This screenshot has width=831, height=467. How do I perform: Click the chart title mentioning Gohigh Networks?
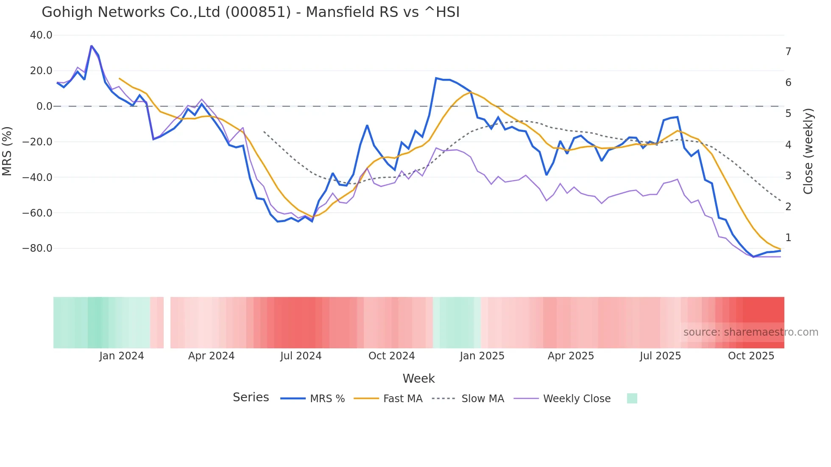250,12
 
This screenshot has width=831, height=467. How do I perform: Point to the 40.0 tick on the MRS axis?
41,35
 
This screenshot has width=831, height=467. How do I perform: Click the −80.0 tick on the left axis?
37,248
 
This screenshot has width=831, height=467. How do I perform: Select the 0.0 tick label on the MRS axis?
44,106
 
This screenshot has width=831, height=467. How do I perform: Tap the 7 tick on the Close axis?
788,52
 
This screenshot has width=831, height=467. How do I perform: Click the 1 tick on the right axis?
788,238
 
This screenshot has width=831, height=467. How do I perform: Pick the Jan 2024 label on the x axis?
122,356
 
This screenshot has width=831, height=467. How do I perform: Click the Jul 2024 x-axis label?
301,356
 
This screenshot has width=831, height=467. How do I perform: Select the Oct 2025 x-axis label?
751,356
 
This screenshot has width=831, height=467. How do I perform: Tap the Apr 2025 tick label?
571,356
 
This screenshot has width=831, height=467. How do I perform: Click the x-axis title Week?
418,378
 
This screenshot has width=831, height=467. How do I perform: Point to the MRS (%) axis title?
7,151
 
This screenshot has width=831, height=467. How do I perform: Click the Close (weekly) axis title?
808,151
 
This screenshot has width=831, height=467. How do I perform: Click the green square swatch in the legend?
632,398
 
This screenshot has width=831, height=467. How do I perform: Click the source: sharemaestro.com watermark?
750,332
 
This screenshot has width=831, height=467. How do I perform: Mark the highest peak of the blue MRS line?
91,46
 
